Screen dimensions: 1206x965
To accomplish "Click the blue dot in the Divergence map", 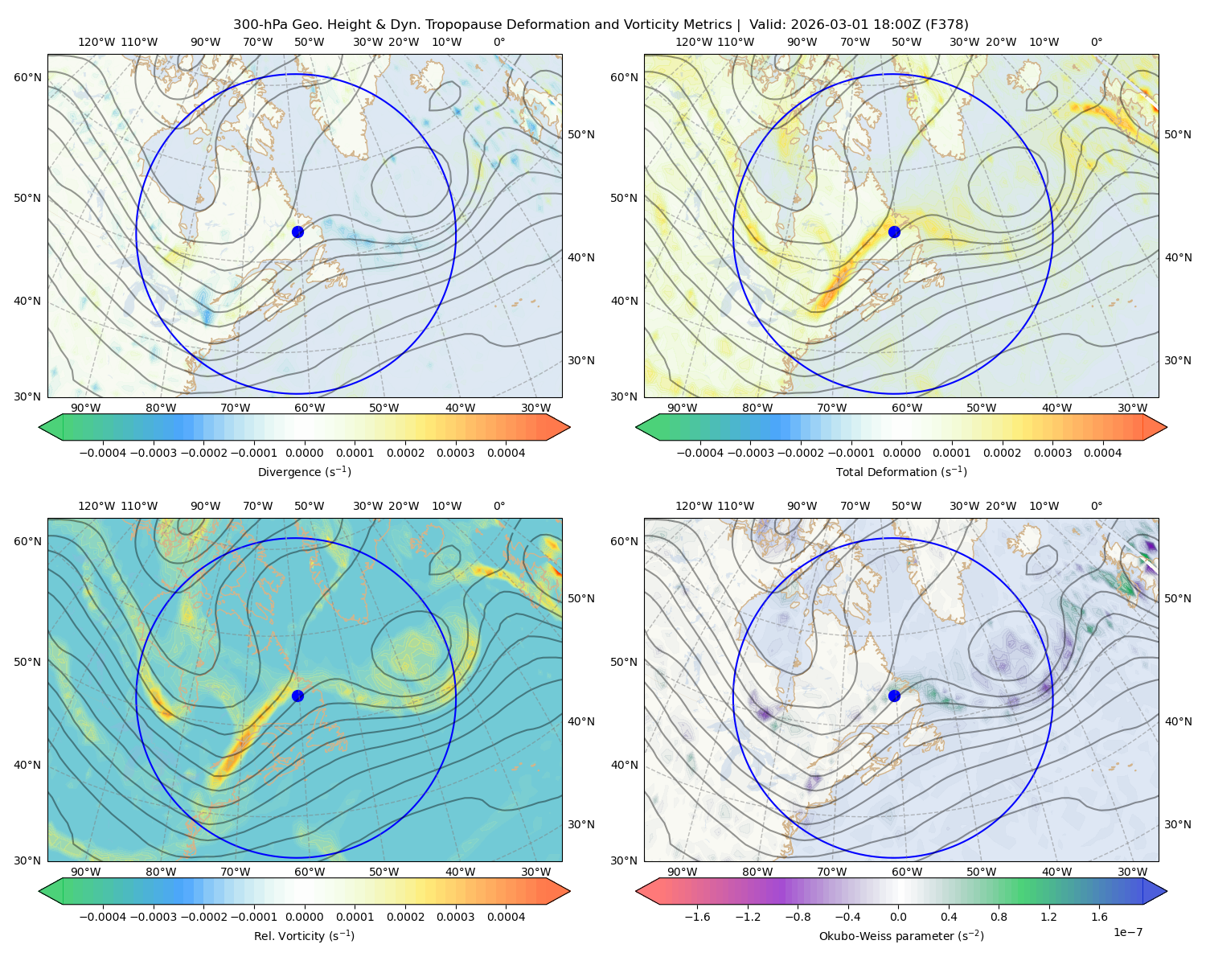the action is click(x=297, y=232).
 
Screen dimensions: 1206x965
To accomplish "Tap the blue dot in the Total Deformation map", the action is click(x=894, y=232).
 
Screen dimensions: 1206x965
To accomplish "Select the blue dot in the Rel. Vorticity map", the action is click(x=297, y=696).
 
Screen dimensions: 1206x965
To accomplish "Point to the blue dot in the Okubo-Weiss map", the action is click(x=894, y=696).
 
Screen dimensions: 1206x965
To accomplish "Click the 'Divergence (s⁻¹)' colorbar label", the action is click(x=304, y=471).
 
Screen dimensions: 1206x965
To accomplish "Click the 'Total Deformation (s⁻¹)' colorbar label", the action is click(x=901, y=471).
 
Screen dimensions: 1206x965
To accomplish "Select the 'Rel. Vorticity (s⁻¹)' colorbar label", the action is click(x=304, y=936).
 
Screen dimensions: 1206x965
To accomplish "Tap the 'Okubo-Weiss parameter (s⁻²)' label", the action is click(x=901, y=936).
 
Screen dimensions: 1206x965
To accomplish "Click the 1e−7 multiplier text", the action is click(x=1127, y=932).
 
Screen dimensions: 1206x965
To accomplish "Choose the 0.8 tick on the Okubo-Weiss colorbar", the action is click(x=999, y=917).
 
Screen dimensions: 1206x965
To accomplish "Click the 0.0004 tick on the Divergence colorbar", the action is click(x=506, y=453).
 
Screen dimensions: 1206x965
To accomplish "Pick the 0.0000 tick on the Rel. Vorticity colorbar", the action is click(x=304, y=917).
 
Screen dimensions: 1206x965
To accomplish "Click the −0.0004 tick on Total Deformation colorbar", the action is click(x=700, y=453).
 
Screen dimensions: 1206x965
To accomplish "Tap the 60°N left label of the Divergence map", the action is click(x=27, y=77).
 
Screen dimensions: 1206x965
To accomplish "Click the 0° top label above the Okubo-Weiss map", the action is click(x=1096, y=506).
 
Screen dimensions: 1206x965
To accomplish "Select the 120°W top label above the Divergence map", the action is click(x=96, y=42).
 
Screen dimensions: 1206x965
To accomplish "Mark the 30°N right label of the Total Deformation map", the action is click(x=1177, y=360).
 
